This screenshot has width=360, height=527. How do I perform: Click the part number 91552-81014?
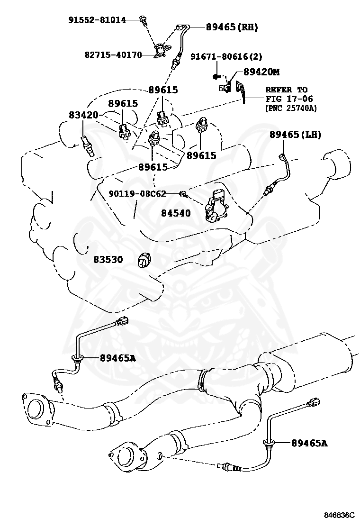point(97,20)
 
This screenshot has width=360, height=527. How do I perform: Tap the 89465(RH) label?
point(232,27)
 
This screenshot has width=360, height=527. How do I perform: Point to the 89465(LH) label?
point(296,135)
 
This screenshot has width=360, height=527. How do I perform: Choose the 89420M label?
point(261,72)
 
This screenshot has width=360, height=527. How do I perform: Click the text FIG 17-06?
point(286,99)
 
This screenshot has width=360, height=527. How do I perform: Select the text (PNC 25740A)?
point(290,108)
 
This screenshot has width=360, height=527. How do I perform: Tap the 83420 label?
point(83,115)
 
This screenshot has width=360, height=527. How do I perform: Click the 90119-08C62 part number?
point(137,193)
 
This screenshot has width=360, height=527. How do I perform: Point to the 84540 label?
point(175,213)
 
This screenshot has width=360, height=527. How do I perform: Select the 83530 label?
point(108,259)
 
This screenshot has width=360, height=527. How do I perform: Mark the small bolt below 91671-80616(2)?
point(216,76)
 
